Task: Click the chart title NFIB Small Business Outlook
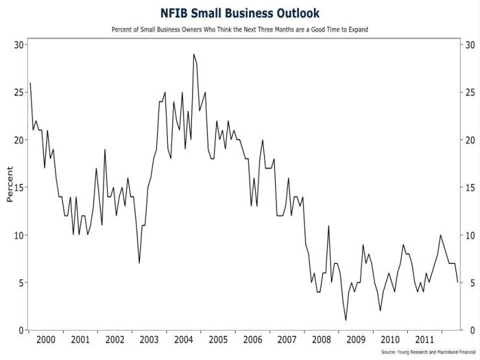pos(239,13)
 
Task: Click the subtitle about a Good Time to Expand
pos(239,30)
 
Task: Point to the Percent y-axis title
pos(10,184)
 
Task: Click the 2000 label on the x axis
pos(45,340)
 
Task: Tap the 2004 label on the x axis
pos(184,340)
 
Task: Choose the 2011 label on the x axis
pos(425,340)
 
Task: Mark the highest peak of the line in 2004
pos(193,54)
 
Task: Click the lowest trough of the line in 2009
pos(346,320)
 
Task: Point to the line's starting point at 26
pos(30,82)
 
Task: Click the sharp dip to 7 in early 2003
pos(139,263)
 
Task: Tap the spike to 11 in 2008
pos(329,226)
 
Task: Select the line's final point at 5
pos(457,282)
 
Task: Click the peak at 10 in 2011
pos(440,235)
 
